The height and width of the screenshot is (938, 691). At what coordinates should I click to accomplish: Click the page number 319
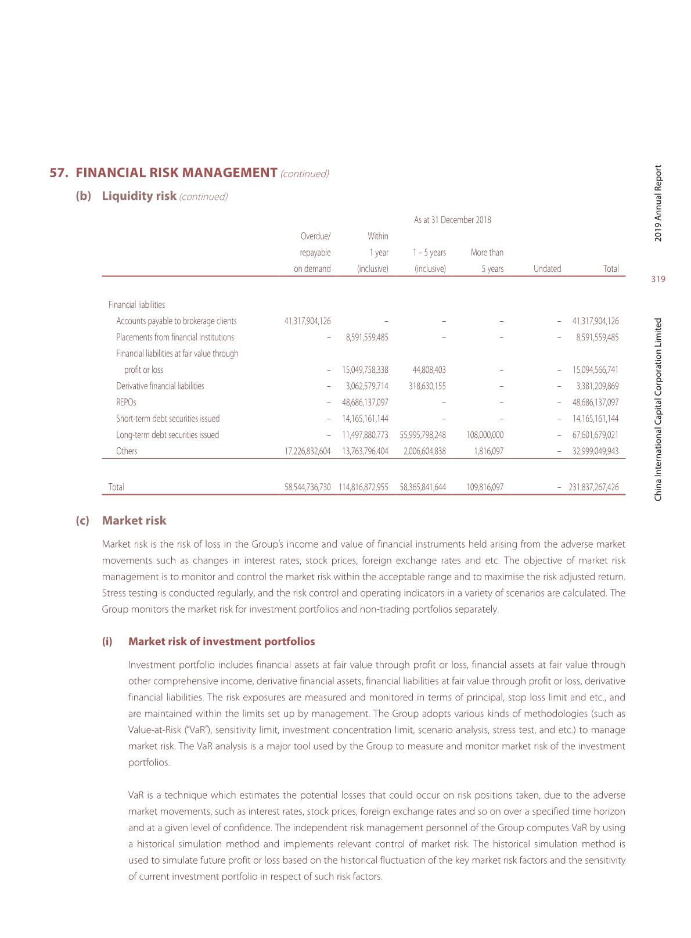[x=658, y=279]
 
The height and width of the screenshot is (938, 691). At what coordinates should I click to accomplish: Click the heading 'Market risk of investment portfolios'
[x=221, y=642]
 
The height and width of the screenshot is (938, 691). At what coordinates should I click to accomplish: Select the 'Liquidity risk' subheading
[x=139, y=196]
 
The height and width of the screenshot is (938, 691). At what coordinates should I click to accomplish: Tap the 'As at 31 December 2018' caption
[x=452, y=220]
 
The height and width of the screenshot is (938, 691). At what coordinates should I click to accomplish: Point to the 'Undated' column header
[x=547, y=269]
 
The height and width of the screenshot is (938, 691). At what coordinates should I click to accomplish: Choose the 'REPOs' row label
[x=126, y=402]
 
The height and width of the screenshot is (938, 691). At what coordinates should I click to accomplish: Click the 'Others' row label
[x=127, y=451]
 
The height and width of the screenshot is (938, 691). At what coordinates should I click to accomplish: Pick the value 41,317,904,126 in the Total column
[x=595, y=321]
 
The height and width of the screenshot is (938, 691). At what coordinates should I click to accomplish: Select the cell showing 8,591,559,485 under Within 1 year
[x=366, y=337]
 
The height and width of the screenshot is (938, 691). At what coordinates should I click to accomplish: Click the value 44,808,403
[x=429, y=370]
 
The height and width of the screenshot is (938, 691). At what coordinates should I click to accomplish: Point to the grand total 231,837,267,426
[x=593, y=487]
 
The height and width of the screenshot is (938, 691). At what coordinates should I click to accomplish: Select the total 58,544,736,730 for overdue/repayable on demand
[x=307, y=487]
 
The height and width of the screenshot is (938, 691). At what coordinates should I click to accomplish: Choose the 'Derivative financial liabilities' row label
[x=160, y=386]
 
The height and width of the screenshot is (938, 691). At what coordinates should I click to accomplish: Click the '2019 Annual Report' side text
[x=658, y=203]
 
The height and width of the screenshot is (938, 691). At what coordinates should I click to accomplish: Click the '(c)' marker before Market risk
[x=82, y=520]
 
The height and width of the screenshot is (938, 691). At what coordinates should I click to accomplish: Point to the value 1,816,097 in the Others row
[x=487, y=451]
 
